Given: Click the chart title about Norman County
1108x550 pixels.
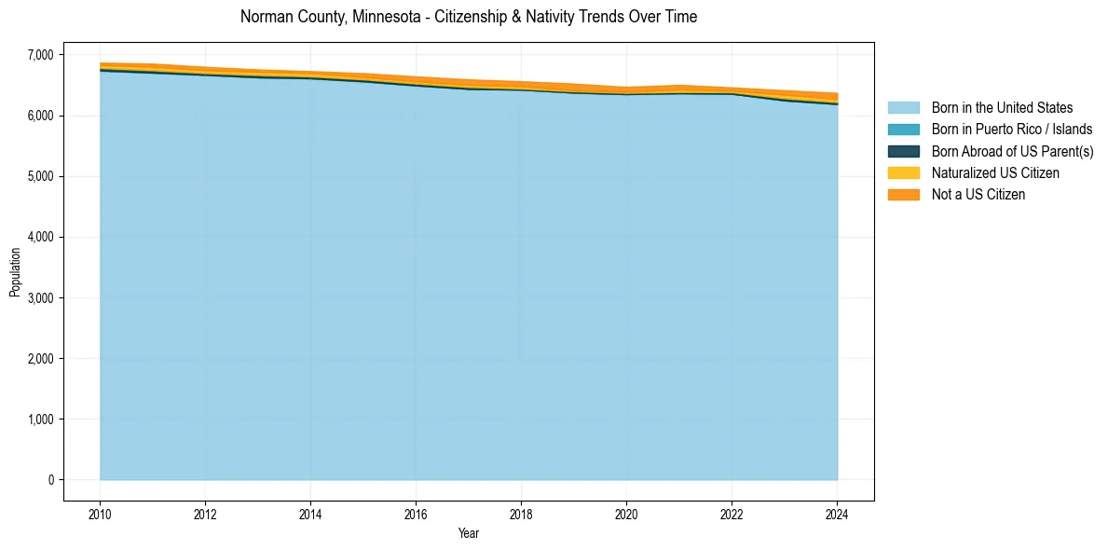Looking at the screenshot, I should (x=468, y=17).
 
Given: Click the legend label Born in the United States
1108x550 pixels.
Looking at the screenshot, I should (x=1002, y=108).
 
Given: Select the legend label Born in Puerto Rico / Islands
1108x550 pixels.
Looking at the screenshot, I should (x=1012, y=130).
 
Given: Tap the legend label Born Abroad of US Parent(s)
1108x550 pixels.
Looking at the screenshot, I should (x=1012, y=151).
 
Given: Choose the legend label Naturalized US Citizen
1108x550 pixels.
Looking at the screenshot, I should (x=995, y=173).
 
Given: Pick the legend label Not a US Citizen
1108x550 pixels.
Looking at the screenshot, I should (x=978, y=195).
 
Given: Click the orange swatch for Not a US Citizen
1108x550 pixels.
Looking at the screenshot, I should (x=903, y=195).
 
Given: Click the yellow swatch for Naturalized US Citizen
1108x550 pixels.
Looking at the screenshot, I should (x=903, y=173).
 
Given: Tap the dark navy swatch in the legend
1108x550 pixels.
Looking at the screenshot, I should (x=903, y=151).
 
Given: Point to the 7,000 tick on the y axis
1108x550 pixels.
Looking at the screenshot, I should (x=40, y=55).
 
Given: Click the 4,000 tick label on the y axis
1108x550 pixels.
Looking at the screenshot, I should (x=40, y=238).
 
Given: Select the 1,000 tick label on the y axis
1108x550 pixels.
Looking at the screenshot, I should (x=40, y=419).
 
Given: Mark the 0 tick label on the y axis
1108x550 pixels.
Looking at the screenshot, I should (x=50, y=480).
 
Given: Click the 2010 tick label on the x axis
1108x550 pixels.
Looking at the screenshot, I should (x=100, y=513).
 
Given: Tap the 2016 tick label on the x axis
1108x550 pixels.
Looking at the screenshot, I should (x=416, y=513).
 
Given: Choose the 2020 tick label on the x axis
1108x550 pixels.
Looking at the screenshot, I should (x=626, y=513).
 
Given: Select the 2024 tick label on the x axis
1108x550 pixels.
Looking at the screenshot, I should (x=837, y=513).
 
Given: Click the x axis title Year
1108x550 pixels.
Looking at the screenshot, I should (x=469, y=533).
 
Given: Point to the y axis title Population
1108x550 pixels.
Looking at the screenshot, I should (x=15, y=272).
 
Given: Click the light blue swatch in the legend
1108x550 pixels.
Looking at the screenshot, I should (x=903, y=108).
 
